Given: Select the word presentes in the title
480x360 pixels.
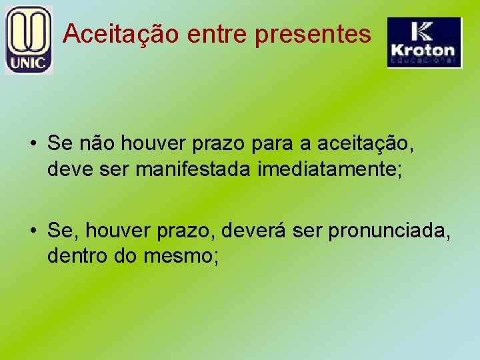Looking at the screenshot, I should tap(313, 33).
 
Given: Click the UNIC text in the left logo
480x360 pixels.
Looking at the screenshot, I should tap(28, 64).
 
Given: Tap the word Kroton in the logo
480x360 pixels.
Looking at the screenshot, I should tap(423, 50).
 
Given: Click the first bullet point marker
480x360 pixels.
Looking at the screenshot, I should tap(32, 143).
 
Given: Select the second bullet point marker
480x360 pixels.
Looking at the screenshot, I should tap(32, 231).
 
